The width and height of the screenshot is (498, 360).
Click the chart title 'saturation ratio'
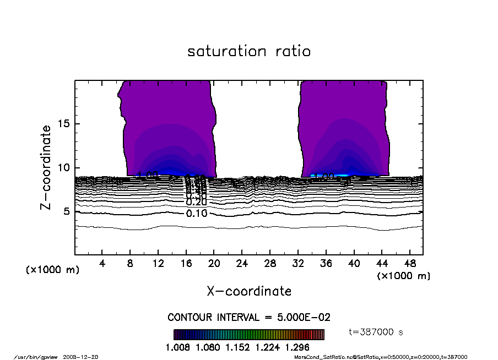[249, 51]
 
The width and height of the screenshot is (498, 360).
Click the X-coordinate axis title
[249, 291]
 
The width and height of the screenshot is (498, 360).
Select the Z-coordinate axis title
[47, 167]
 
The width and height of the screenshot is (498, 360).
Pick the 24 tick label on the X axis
[242, 263]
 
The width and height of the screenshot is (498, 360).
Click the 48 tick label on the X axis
[409, 263]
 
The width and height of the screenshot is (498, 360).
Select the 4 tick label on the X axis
[102, 263]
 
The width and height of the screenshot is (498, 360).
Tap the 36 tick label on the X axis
[326, 263]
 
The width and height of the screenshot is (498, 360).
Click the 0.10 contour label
[197, 214]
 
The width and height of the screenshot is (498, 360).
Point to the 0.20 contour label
[197, 203]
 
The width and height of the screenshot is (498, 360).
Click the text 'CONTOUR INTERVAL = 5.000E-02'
[249, 318]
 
